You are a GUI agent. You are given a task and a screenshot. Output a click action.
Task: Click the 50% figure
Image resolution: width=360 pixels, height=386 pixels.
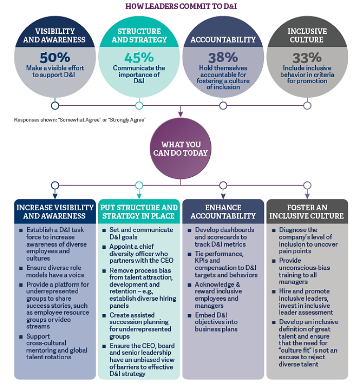pos(55,58)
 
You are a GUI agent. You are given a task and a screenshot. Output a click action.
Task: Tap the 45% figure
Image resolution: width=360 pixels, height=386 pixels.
pos(139,58)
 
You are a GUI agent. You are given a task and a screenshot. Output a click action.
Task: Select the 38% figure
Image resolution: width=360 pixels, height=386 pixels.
pos(223,58)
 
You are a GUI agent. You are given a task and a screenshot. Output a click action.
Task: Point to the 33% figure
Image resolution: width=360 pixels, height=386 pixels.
pos(307,58)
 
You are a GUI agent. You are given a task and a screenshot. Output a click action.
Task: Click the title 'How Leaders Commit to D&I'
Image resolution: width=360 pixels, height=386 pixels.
pos(181,6)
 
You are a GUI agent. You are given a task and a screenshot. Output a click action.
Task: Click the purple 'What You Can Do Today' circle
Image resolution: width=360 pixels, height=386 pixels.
pos(181,149)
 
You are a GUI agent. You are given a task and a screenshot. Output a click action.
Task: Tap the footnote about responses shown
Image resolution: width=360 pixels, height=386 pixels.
pos(80,120)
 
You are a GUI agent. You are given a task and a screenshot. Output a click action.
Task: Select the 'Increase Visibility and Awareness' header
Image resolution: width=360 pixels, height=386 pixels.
pos(55,211)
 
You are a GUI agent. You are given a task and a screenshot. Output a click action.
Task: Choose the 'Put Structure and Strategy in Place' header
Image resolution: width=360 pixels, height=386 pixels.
pos(139,211)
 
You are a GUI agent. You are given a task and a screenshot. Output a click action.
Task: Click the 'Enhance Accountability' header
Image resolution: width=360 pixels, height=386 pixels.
pos(223,211)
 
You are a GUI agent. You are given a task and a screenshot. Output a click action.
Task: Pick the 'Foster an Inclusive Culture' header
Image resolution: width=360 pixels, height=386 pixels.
pos(307,211)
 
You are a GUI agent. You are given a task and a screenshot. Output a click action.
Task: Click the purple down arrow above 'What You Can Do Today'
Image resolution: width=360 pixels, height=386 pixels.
pos(181,112)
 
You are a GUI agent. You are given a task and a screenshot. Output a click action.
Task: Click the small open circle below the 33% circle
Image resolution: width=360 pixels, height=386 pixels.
pos(307,105)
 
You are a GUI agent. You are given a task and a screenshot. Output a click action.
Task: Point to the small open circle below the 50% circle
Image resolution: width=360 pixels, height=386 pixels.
pos(55,105)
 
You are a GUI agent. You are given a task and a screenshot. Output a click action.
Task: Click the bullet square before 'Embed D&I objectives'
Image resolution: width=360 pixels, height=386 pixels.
pos(189,316)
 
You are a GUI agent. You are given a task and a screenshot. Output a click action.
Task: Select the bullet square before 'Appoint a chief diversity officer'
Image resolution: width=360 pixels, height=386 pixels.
pos(104,247)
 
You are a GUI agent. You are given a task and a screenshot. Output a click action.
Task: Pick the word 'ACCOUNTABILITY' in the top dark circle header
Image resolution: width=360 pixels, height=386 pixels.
pos(223,40)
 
